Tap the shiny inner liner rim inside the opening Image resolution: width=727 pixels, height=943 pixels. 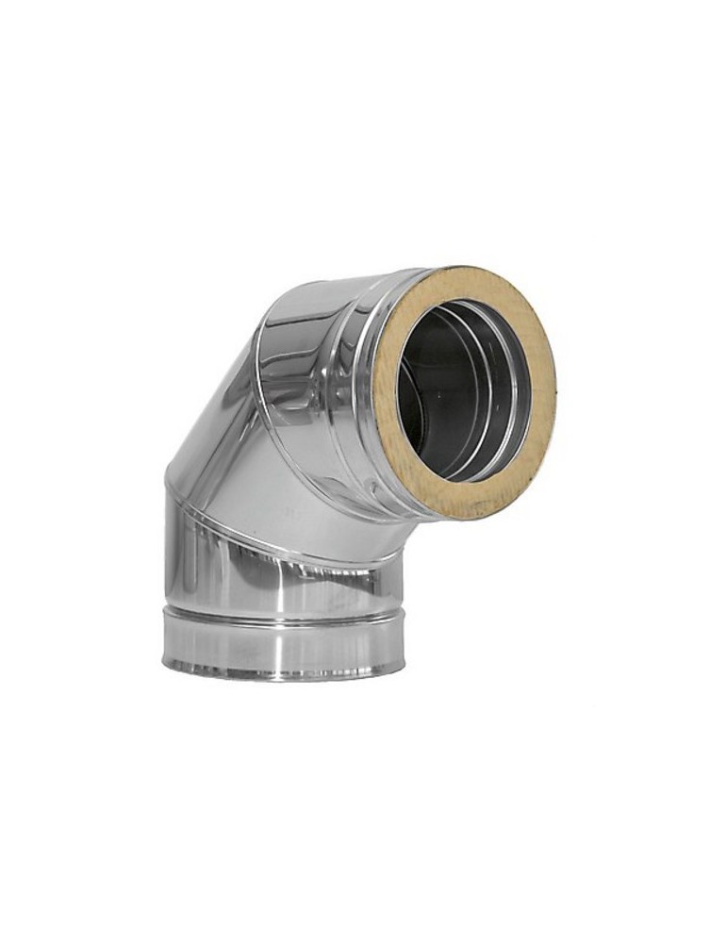click(509, 396)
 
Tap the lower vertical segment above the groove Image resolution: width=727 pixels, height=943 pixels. click(283, 575)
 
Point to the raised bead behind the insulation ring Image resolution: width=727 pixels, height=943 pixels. click(363, 377)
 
